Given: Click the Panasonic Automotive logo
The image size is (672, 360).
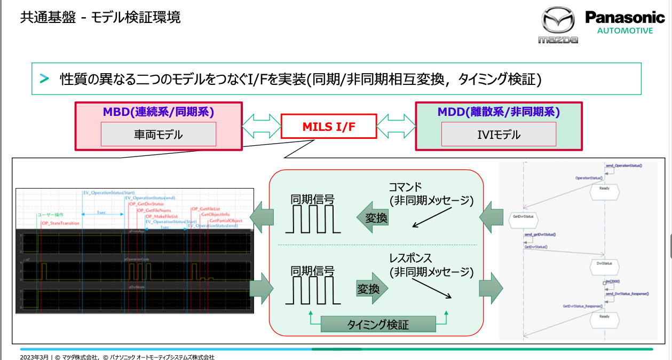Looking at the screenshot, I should (625, 22).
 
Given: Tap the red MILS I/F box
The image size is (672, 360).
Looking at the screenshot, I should (328, 127).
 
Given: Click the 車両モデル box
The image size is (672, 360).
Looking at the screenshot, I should (159, 134).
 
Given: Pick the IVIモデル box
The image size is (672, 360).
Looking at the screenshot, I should (499, 134).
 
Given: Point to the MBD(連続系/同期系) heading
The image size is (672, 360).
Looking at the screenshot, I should (159, 112).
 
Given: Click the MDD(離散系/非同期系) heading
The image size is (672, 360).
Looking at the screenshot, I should (499, 112).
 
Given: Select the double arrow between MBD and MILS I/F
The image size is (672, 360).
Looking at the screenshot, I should (262, 127).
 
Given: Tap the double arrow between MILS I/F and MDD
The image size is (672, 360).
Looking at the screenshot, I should (396, 127).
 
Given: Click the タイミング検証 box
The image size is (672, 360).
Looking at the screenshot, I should (378, 324).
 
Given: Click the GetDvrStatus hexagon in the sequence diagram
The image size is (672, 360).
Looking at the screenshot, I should (524, 217).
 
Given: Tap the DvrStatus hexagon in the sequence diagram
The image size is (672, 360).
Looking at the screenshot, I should (604, 263).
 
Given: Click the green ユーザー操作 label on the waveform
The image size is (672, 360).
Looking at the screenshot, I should (51, 215).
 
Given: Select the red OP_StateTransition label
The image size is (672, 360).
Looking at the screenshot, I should (60, 223).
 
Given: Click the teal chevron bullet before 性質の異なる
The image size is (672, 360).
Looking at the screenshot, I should (44, 79).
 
